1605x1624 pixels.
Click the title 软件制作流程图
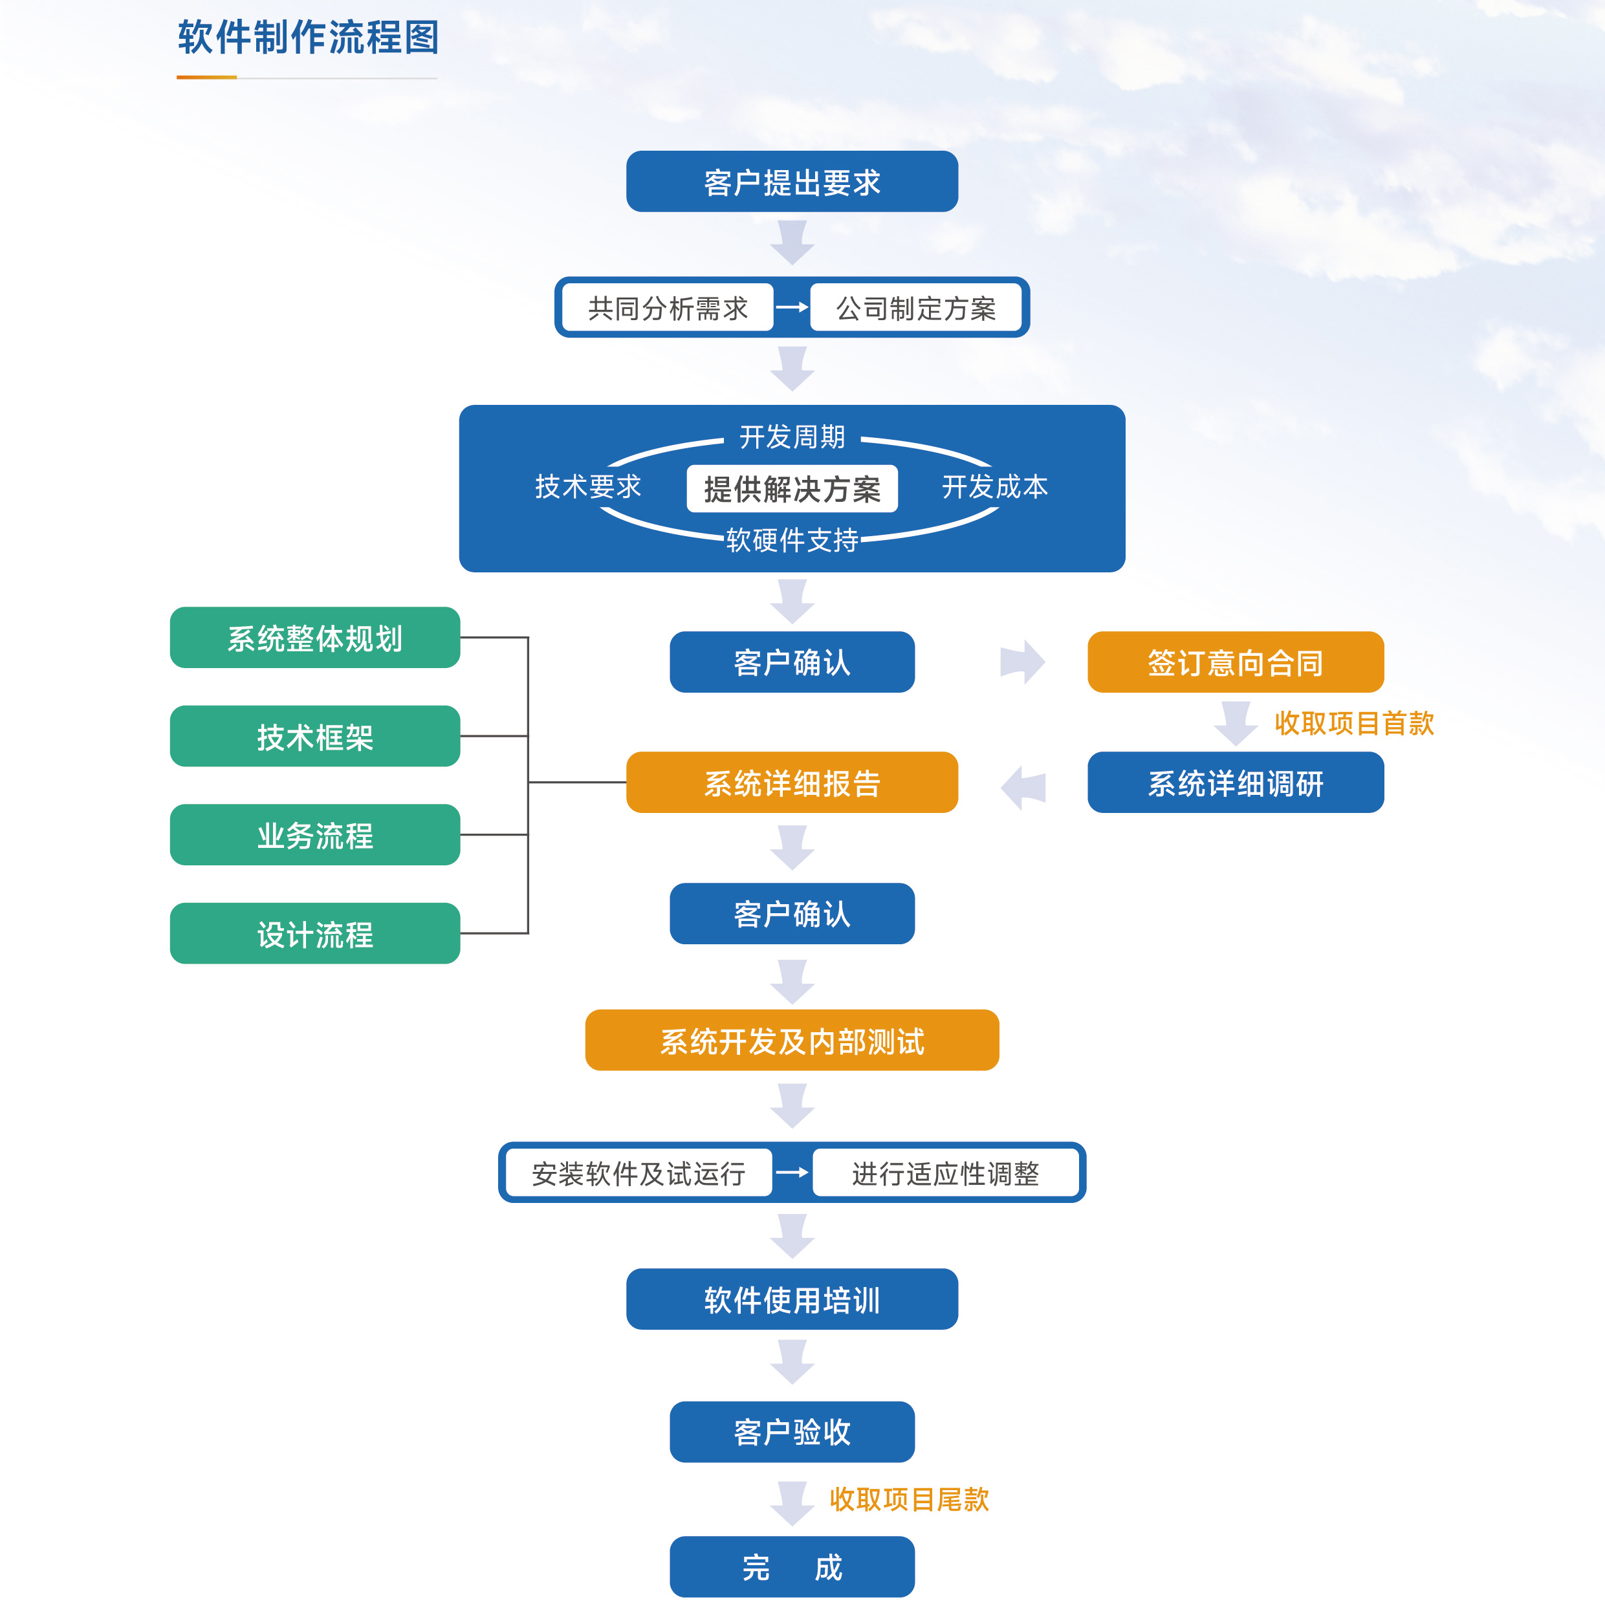[x=308, y=38]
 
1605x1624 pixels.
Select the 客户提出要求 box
[x=791, y=182]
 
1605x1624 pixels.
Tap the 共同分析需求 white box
[x=668, y=309]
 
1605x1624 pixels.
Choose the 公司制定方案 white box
[x=915, y=309]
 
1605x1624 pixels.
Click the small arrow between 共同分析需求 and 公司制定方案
[x=791, y=308]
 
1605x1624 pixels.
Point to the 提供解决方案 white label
[x=791, y=488]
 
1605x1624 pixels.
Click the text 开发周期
[x=791, y=437]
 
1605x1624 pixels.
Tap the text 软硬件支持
[x=791, y=539]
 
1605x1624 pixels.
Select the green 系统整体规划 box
[x=314, y=638]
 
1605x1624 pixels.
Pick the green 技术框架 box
[x=314, y=737]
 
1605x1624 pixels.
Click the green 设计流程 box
[x=314, y=934]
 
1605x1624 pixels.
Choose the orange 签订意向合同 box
[x=1234, y=662]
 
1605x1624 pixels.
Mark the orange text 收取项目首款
[x=1353, y=723]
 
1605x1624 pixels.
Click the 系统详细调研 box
[x=1234, y=783]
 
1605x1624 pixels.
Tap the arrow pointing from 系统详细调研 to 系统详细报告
[x=1023, y=788]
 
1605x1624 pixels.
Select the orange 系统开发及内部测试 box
[x=791, y=1041]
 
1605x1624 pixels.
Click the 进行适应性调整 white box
[x=945, y=1173]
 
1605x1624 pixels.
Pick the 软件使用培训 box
[x=791, y=1299]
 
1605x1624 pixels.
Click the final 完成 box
[x=791, y=1567]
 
